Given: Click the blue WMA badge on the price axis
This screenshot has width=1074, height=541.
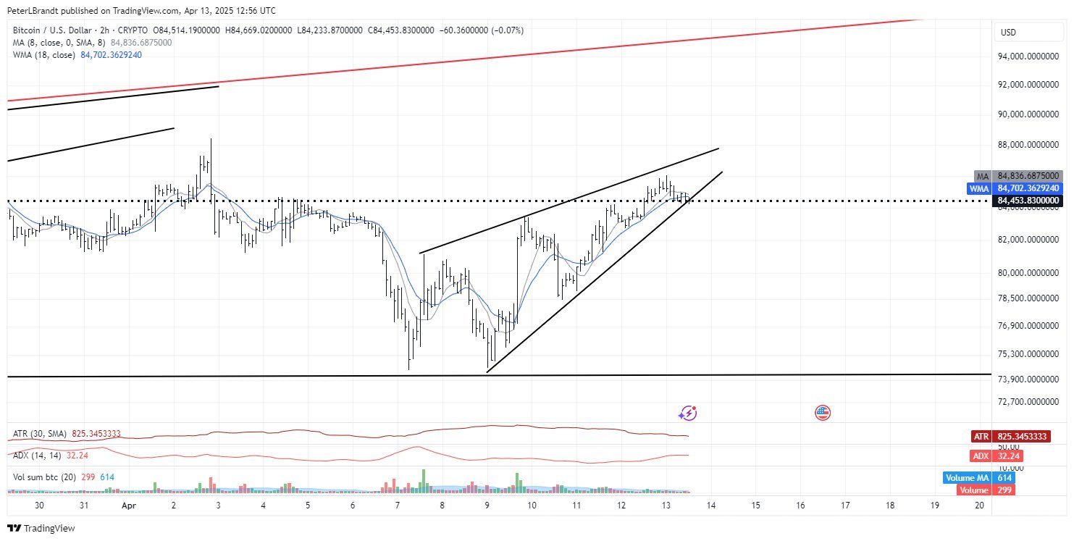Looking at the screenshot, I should pyautogui.click(x=979, y=188).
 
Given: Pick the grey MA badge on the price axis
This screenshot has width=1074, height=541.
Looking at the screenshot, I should pyautogui.click(x=982, y=176).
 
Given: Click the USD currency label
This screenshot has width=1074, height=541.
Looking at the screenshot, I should pyautogui.click(x=1008, y=33).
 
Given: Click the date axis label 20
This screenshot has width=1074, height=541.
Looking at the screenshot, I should pyautogui.click(x=979, y=506).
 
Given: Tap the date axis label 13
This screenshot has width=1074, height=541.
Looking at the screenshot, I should pyautogui.click(x=666, y=506).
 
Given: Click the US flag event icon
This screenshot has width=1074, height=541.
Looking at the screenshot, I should pyautogui.click(x=823, y=413).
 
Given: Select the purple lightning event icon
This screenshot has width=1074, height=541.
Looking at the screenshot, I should pyautogui.click(x=688, y=413).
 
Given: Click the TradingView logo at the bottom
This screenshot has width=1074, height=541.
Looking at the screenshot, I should pyautogui.click(x=41, y=529).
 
